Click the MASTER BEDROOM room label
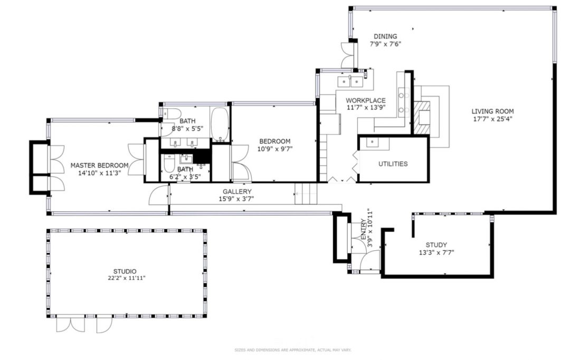(99, 165)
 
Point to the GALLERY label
(237, 191)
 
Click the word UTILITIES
(393, 164)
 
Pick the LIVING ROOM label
(492, 111)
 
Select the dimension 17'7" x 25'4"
(492, 119)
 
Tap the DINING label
(385, 36)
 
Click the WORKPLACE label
(365, 100)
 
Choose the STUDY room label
(436, 245)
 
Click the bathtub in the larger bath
(220, 124)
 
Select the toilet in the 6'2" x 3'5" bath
(169, 167)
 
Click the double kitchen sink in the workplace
(351, 81)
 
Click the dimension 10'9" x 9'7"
(275, 149)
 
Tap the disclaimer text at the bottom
(292, 350)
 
